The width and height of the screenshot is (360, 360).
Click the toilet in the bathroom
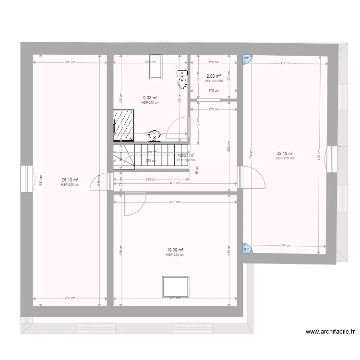[182, 79]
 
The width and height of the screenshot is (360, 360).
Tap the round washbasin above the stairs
[154, 136]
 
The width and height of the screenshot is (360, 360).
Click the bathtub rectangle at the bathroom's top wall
[155, 68]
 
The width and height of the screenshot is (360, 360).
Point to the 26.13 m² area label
[70, 180]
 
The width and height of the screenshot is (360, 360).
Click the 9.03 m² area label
[150, 98]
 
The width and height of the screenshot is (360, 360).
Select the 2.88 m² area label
[214, 76]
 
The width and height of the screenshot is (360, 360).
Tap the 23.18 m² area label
[285, 154]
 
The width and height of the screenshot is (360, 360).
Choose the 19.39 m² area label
[175, 250]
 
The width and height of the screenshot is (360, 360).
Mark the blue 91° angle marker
[247, 249]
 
